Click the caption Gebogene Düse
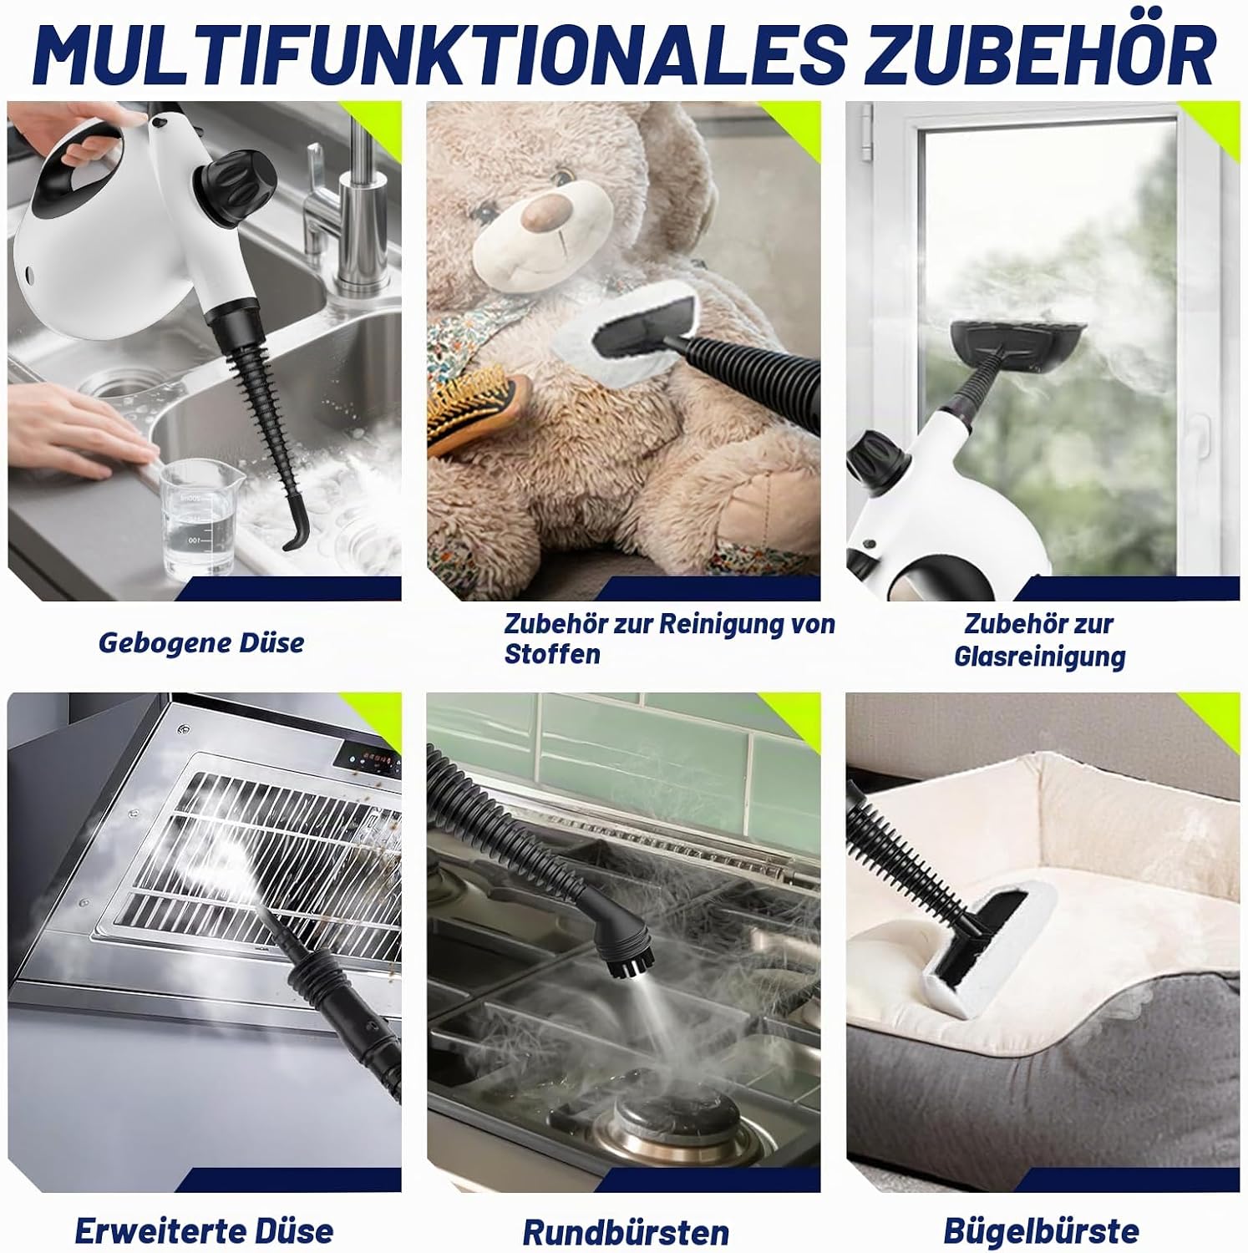(201, 643)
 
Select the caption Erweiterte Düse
(204, 1231)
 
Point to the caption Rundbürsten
(626, 1233)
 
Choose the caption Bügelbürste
(1041, 1231)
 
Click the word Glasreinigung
(1040, 657)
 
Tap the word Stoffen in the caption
(552, 654)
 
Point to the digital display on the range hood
(374, 762)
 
